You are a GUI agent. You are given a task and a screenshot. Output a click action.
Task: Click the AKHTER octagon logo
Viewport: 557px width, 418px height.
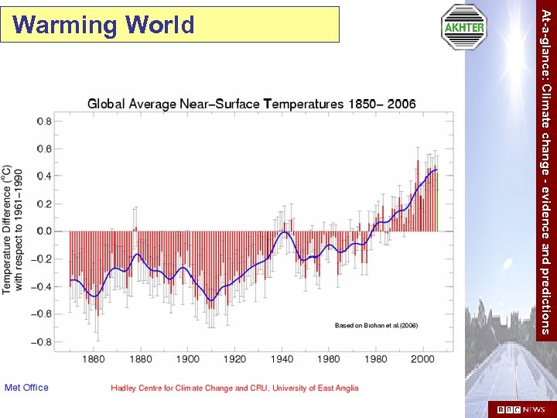(463, 27)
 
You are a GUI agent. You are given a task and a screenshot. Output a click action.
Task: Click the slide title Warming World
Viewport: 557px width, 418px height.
(104, 26)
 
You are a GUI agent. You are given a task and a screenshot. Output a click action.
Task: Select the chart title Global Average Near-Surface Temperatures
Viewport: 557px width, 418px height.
(251, 104)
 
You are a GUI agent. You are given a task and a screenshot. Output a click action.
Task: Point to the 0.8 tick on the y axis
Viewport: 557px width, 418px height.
(44, 121)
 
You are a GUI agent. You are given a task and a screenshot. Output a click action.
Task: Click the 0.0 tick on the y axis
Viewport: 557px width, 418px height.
(44, 231)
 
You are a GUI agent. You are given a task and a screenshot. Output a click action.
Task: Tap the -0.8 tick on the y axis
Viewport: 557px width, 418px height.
(43, 341)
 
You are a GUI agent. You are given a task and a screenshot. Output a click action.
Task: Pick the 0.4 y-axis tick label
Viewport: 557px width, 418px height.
(44, 176)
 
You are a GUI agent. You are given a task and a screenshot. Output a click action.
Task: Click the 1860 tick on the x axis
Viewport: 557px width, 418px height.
(93, 359)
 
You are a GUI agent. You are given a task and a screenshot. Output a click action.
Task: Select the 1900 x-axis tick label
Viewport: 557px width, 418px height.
(187, 359)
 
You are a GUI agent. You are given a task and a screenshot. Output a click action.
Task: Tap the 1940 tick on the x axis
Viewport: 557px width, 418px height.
(282, 359)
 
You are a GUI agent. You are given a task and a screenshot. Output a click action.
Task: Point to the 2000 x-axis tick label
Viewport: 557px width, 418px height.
(422, 359)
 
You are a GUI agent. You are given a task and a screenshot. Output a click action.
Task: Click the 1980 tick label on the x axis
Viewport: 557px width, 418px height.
(375, 359)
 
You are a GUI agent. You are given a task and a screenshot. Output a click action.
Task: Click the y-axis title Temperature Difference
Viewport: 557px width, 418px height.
(12, 228)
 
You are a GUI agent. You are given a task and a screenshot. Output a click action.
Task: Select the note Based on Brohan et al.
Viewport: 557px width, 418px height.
(376, 326)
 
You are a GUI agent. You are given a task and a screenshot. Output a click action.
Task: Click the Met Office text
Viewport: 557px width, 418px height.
(26, 388)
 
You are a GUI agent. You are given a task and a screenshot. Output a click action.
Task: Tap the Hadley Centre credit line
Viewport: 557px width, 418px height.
(234, 388)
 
